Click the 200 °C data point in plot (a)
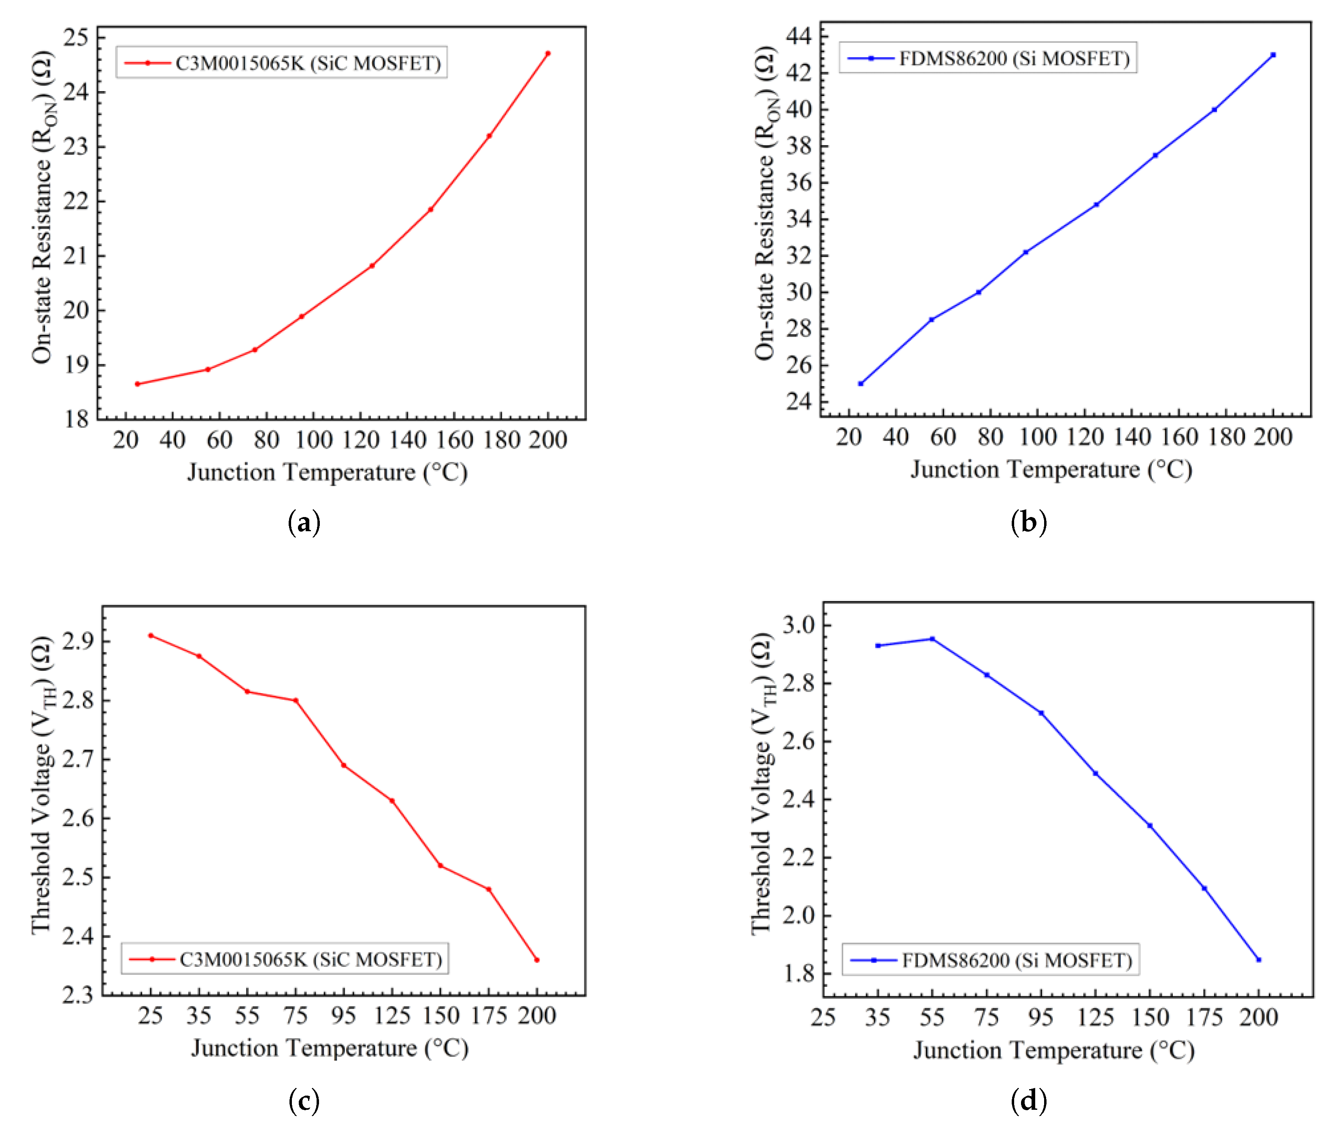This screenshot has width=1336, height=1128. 548,54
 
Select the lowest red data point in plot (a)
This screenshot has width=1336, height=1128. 137,384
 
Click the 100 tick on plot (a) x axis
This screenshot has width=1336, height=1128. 314,440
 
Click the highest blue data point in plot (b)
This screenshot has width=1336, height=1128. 1273,55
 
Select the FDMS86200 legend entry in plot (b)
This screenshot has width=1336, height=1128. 987,59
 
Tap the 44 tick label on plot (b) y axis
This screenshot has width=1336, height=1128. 799,36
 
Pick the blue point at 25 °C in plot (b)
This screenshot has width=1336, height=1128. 860,384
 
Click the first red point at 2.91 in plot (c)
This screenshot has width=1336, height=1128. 151,636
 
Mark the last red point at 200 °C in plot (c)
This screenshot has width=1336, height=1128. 537,960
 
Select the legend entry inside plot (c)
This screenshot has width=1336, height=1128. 285,959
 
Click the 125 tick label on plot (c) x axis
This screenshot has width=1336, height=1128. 392,1015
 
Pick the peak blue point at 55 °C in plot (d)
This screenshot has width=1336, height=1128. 932,639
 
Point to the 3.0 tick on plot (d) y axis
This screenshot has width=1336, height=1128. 799,625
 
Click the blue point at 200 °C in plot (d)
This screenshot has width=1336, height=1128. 1259,960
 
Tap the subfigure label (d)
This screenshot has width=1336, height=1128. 1029,1101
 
